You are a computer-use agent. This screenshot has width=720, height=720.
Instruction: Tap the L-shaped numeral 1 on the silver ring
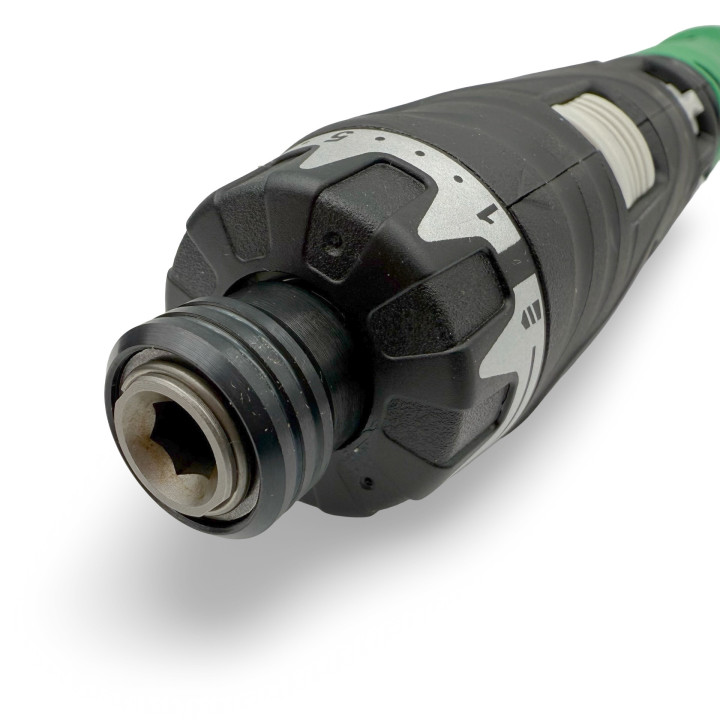[x=487, y=213]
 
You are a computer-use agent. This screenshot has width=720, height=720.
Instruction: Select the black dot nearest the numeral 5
[x=379, y=138]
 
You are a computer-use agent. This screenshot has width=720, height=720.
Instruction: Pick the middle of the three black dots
[x=419, y=153]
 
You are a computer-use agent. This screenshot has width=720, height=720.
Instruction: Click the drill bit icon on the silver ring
[x=532, y=316]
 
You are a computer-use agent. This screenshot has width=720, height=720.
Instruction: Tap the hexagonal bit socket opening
[x=174, y=442]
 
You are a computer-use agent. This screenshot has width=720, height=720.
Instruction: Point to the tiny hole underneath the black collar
[x=367, y=482]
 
